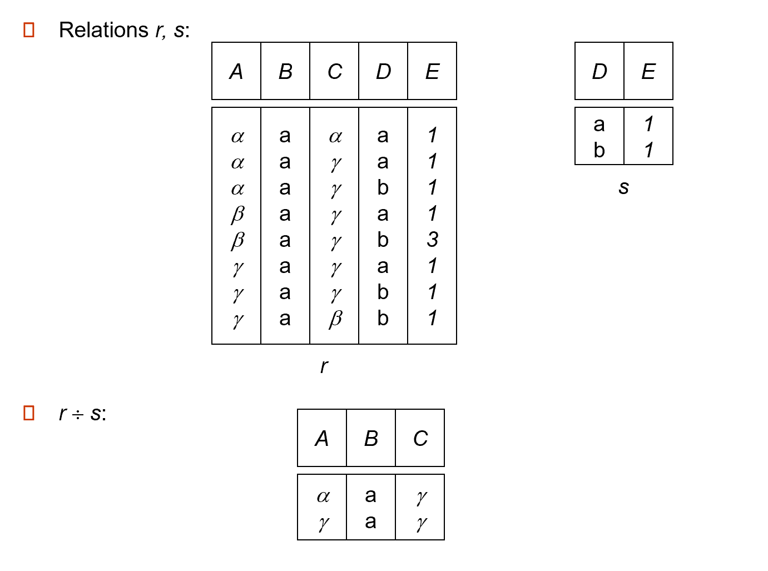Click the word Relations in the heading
click(103, 30)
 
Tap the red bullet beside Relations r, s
click(29, 30)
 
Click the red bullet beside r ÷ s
click(29, 413)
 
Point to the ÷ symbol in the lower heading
click(78, 415)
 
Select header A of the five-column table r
click(236, 72)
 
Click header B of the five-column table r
click(285, 72)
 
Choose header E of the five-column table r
click(432, 72)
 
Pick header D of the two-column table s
click(599, 72)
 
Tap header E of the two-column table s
click(648, 72)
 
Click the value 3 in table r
click(433, 240)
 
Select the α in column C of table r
click(335, 136)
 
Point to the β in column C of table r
click(335, 319)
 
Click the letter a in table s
click(599, 125)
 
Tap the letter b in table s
click(599, 150)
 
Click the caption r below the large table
click(324, 366)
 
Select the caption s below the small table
click(623, 187)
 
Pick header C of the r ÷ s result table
click(420, 439)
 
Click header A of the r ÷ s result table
click(322, 439)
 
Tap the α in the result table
click(323, 496)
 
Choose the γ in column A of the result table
click(323, 523)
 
